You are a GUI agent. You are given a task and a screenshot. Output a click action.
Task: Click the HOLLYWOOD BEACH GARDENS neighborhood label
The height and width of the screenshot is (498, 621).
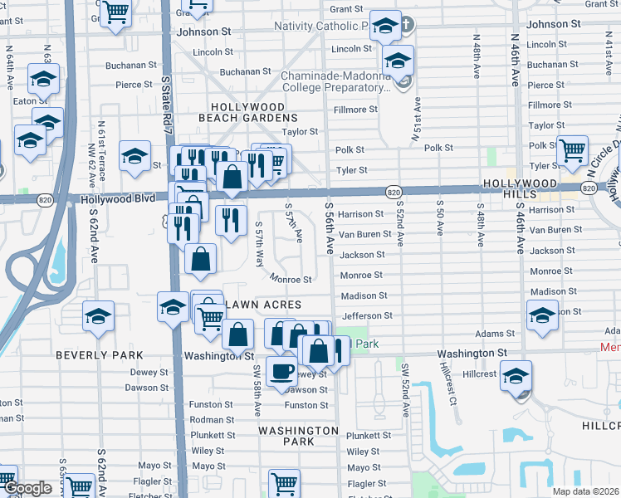(247, 113)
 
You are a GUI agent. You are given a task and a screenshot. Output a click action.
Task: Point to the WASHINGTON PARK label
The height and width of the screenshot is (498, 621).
(298, 437)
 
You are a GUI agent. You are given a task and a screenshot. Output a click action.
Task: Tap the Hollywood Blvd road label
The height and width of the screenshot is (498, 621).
(117, 199)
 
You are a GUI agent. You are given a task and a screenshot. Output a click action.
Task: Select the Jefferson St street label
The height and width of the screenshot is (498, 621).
(367, 315)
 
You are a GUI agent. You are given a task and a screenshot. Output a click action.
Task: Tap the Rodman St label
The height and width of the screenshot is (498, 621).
(213, 419)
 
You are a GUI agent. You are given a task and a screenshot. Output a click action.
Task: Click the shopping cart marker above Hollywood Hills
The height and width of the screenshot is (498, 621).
(572, 151)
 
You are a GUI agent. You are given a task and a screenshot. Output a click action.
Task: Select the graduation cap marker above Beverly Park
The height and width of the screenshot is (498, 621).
(98, 316)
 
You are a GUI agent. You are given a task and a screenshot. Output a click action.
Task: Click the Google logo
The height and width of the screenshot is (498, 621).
(27, 489)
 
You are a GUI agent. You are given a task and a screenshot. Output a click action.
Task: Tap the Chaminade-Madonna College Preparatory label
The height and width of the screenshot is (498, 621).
(335, 81)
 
